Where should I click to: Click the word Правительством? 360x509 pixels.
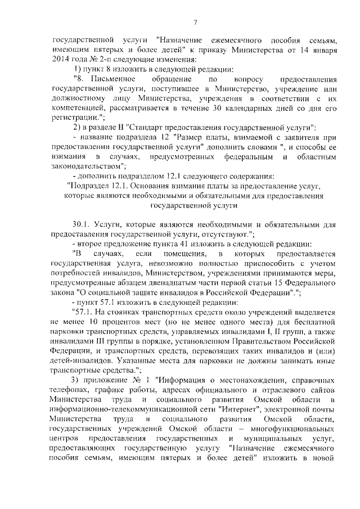point(247,343)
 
